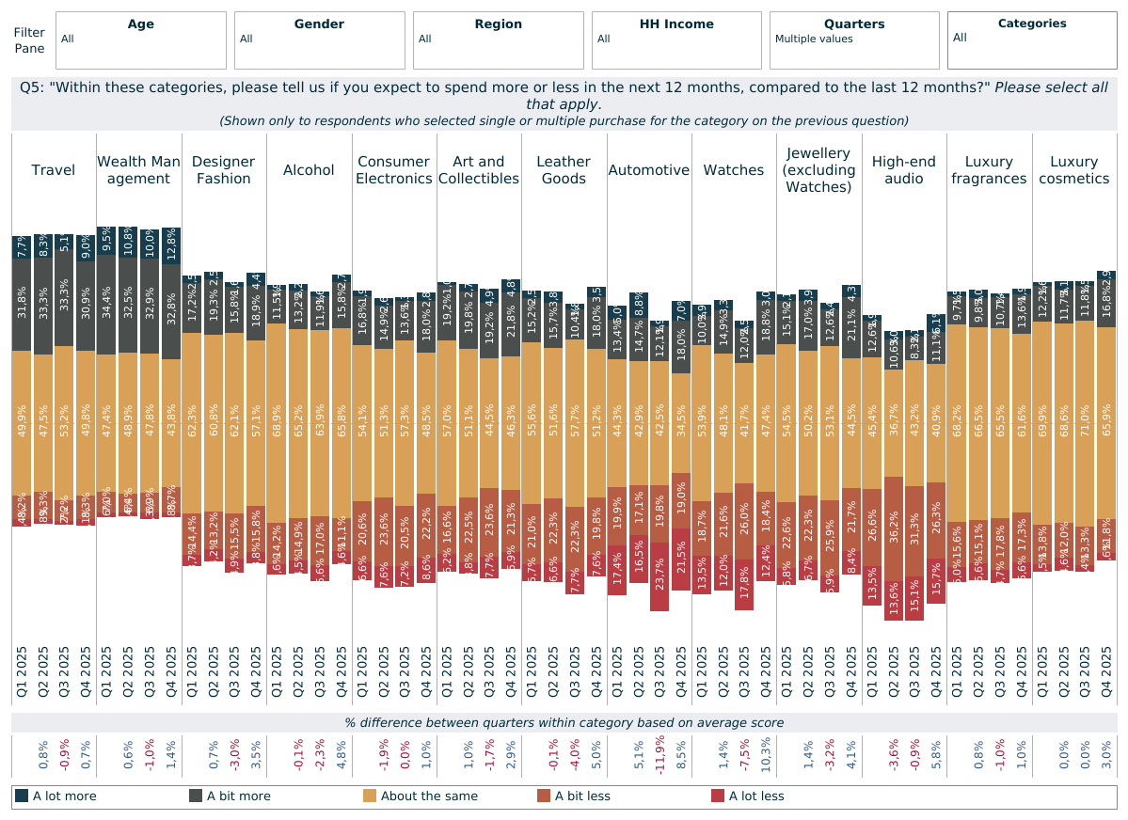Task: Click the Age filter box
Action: pyautogui.click(x=141, y=39)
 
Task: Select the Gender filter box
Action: pyautogui.click(x=320, y=39)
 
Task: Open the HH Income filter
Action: pyautogui.click(x=676, y=39)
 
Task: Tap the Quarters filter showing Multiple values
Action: pyautogui.click(x=854, y=39)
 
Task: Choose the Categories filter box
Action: pyautogui.click(x=1032, y=39)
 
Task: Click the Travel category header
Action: pyautogui.click(x=54, y=170)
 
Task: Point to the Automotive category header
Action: pyautogui.click(x=649, y=170)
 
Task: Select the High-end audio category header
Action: pyautogui.click(x=904, y=170)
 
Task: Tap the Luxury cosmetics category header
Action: pyautogui.click(x=1074, y=170)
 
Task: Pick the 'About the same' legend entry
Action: pyautogui.click(x=421, y=796)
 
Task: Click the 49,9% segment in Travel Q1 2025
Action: pyautogui.click(x=22, y=422)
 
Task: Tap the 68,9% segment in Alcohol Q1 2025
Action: pyautogui.click(x=277, y=423)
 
